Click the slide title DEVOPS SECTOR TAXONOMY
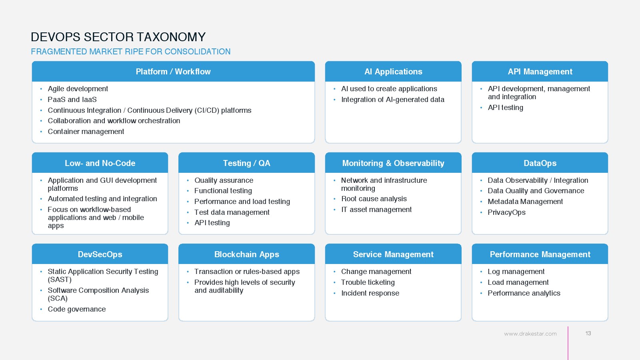(x=118, y=37)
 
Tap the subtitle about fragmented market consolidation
(x=130, y=52)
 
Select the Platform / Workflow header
(x=173, y=72)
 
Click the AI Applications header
(x=393, y=72)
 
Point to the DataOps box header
(x=540, y=163)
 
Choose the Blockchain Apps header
(x=246, y=254)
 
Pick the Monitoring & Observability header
(x=393, y=163)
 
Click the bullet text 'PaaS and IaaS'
(x=72, y=100)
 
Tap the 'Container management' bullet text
(x=86, y=132)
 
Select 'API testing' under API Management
(x=506, y=108)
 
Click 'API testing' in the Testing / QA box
(x=212, y=222)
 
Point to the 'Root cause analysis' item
(x=374, y=198)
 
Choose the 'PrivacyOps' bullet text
(x=506, y=212)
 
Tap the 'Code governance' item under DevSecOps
(x=76, y=309)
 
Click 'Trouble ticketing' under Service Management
(x=368, y=282)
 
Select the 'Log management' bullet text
(x=516, y=272)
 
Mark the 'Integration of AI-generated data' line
(x=392, y=100)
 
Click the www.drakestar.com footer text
(x=530, y=334)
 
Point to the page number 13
(x=588, y=334)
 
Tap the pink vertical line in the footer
(x=568, y=343)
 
